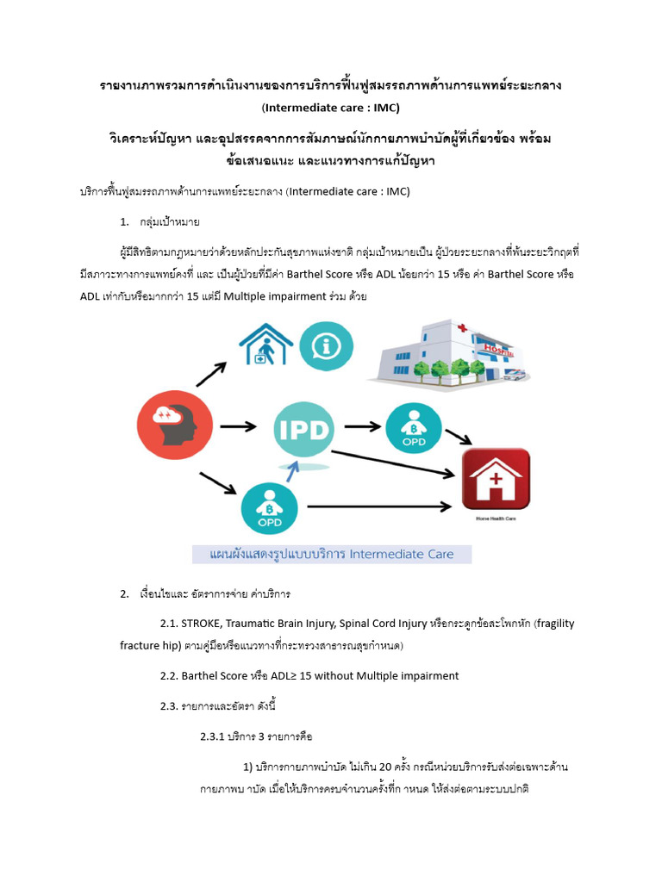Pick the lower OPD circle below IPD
coord(270,507)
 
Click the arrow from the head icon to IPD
coord(239,425)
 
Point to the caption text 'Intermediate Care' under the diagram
coord(400,553)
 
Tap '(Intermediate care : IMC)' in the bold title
coord(330,108)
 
